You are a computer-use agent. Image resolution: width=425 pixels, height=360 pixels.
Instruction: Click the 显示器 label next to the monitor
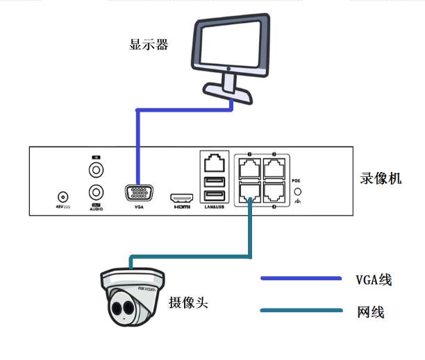click(x=149, y=46)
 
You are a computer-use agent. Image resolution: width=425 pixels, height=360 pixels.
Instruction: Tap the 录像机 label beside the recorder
click(x=381, y=178)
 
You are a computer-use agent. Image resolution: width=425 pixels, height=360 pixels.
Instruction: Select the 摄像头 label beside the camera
click(x=188, y=303)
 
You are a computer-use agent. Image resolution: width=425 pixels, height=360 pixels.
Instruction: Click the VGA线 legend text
click(x=374, y=280)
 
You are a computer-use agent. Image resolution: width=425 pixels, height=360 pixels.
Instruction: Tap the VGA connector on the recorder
click(x=140, y=194)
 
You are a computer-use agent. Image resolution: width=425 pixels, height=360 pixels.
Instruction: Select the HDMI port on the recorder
click(x=182, y=198)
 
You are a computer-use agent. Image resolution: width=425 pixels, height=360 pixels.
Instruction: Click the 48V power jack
click(x=64, y=197)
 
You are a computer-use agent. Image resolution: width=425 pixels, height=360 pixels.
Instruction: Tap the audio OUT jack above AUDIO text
click(x=96, y=192)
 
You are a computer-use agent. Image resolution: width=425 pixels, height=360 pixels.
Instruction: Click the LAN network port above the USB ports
click(x=214, y=164)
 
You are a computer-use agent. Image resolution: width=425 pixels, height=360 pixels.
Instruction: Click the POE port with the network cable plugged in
click(x=249, y=191)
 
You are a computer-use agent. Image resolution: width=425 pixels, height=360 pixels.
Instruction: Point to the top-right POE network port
click(x=275, y=167)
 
